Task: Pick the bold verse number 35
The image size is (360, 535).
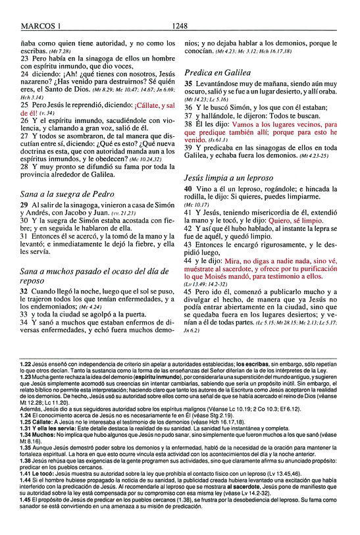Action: [188, 85]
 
